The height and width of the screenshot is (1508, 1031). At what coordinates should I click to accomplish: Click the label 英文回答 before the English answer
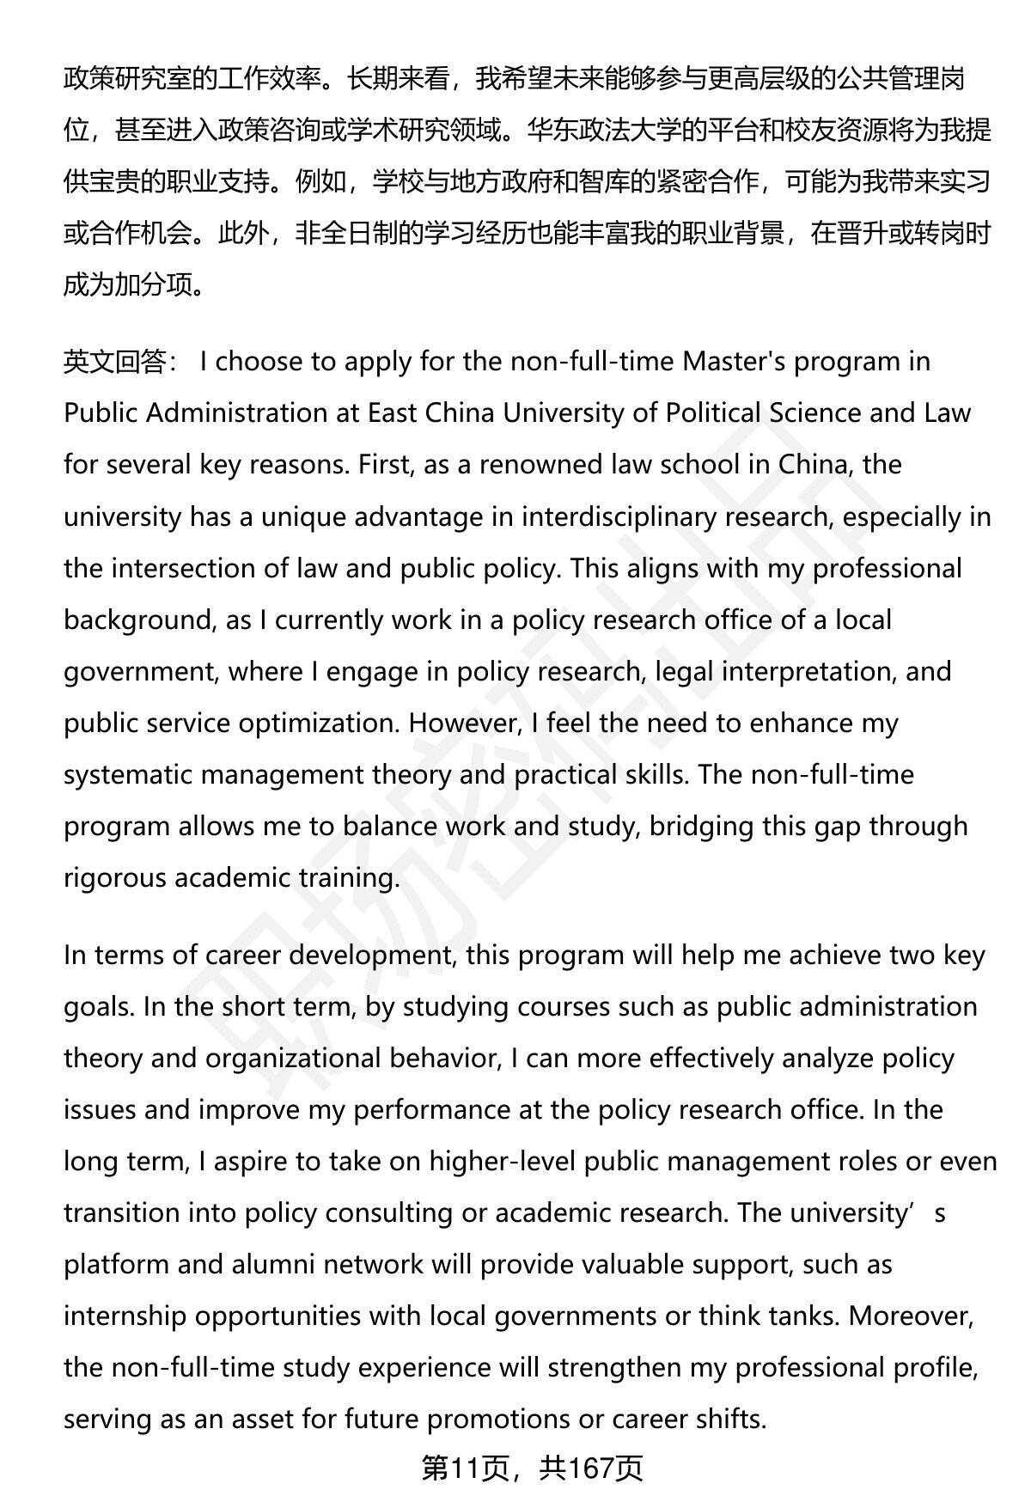(115, 362)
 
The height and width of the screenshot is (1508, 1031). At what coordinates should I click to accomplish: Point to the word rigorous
(115, 878)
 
